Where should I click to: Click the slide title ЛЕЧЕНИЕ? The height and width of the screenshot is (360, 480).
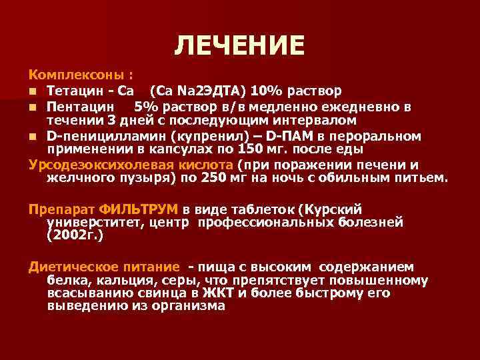tap(239, 45)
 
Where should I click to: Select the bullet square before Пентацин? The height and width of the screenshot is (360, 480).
tap(33, 107)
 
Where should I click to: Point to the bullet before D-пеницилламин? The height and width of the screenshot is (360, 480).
tap(33, 137)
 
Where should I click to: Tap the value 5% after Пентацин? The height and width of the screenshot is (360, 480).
tap(146, 106)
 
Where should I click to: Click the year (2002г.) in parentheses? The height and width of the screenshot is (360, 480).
tap(75, 235)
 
